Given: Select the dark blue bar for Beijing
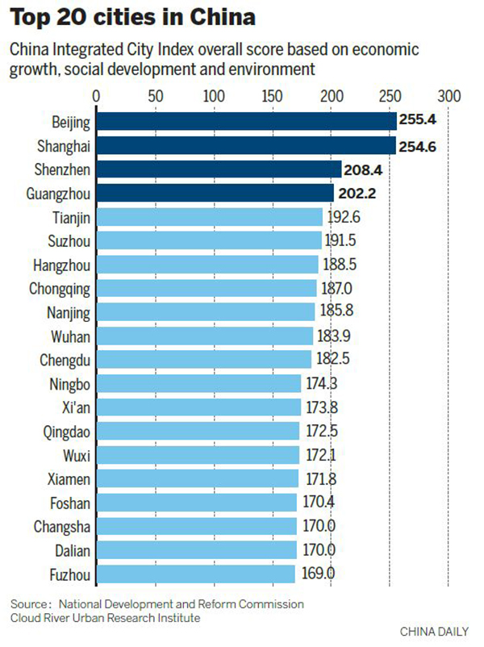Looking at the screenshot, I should click(x=246, y=122).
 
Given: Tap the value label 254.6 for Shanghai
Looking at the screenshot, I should click(x=420, y=146).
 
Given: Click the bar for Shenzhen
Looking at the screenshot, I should click(x=219, y=169).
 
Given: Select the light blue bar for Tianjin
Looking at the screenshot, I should click(x=209, y=217).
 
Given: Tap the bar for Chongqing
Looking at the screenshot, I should click(x=207, y=289).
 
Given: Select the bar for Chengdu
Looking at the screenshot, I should click(x=203, y=360).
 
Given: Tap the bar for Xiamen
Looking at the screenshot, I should click(x=198, y=479).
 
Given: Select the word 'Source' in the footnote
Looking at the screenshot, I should click(x=29, y=604).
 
